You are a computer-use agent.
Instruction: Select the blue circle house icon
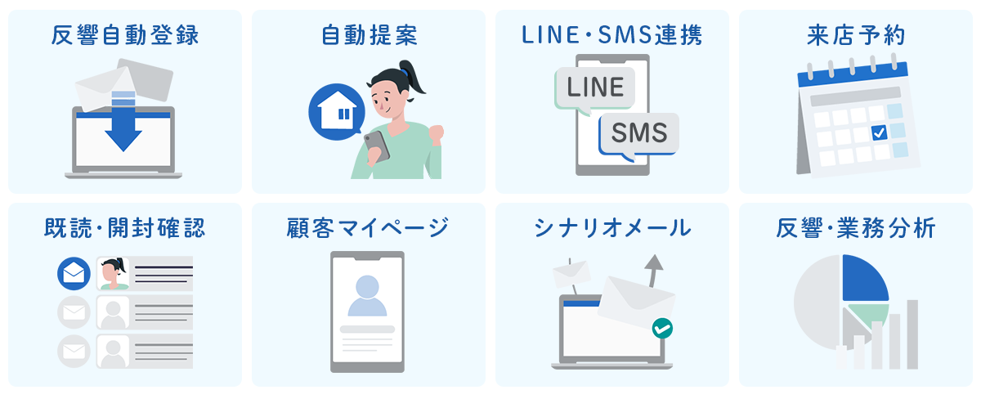point(336,113)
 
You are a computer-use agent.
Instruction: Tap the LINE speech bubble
point(594,87)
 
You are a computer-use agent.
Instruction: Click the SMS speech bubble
point(638,132)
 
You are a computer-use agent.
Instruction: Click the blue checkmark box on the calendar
point(879,132)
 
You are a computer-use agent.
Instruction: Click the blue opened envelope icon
point(74,274)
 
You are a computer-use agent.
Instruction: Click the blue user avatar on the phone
point(367,295)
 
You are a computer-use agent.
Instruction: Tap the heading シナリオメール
point(612,228)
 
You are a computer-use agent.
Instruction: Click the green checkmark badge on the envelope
point(662,329)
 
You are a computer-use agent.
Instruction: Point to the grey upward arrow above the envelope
point(652,270)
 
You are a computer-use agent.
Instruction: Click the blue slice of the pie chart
point(863,278)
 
